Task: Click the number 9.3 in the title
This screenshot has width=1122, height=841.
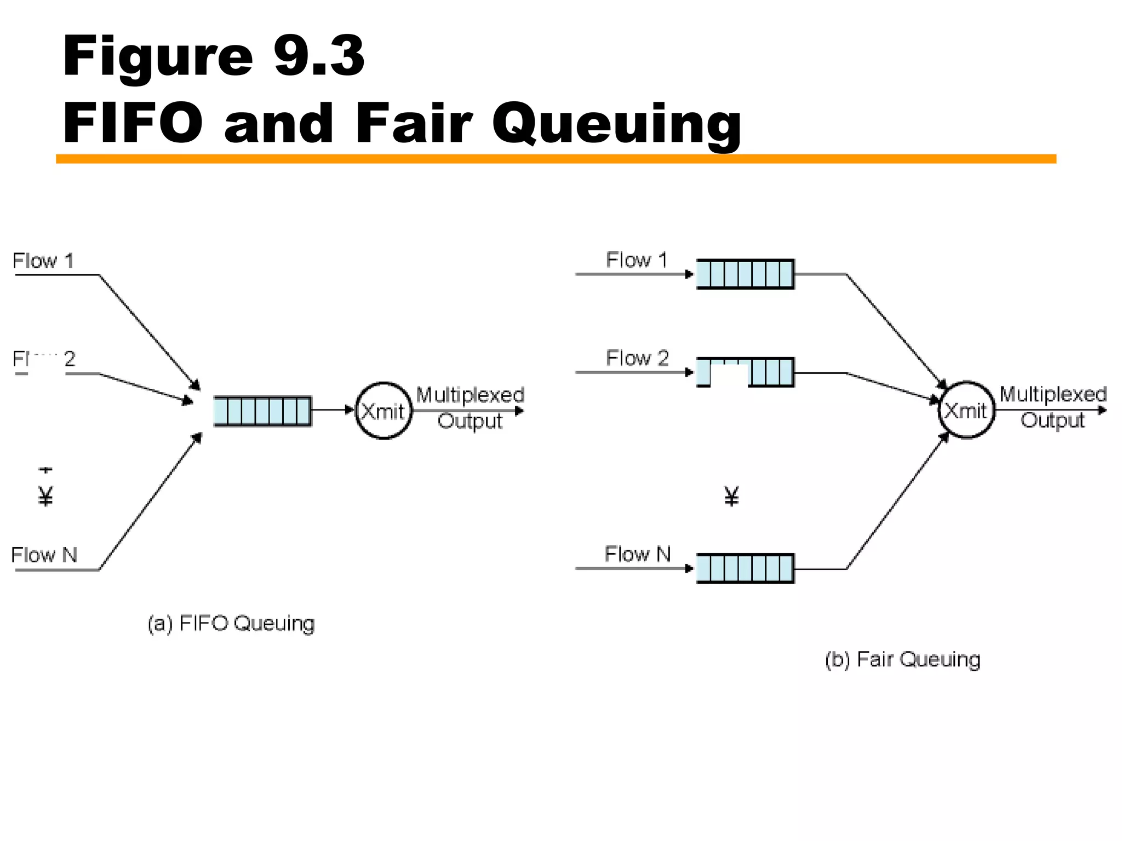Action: [x=319, y=56]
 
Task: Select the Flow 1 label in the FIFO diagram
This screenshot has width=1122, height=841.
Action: [x=43, y=261]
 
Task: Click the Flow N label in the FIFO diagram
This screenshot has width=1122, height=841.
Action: [x=44, y=555]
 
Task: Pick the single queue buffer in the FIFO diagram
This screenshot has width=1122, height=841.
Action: [x=262, y=411]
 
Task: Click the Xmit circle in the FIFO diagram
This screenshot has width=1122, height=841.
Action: [x=383, y=411]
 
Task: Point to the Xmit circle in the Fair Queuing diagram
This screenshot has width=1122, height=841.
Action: [x=966, y=410]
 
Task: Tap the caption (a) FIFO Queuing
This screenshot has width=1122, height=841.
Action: [x=231, y=623]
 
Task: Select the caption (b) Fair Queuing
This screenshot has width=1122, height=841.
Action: [x=902, y=659]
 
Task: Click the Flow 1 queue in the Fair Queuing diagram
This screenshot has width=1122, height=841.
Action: [x=745, y=274]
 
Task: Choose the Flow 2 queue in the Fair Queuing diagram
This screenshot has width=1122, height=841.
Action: [x=745, y=372]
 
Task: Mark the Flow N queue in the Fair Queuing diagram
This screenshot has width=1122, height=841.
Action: [x=745, y=568]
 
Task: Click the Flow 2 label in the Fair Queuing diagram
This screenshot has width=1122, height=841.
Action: [x=637, y=358]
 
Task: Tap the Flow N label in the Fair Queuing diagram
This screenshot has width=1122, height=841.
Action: [x=638, y=554]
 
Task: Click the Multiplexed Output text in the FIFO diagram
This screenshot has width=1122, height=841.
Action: [x=470, y=407]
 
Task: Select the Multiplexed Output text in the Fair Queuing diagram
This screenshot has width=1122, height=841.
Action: [x=1052, y=407]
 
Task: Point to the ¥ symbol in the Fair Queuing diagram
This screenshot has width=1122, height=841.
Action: [x=732, y=496]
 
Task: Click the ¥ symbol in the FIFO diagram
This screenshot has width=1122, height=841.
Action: [x=46, y=496]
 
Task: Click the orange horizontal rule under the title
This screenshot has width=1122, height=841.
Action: [x=556, y=159]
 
